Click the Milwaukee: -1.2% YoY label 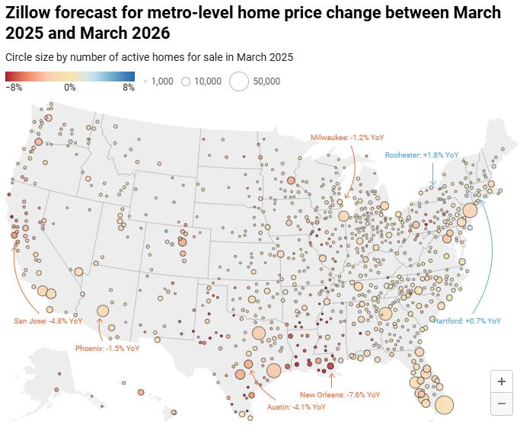point(347,137)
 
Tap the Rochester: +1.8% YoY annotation point(422,155)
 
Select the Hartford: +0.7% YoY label point(467,321)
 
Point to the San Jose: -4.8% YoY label point(48,321)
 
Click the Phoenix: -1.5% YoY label point(107,348)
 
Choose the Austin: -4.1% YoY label point(296,407)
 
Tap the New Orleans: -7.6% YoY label point(340,394)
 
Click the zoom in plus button point(501,381)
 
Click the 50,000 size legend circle point(239,81)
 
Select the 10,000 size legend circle point(185,81)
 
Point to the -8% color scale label point(14,88)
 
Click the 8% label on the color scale point(129,88)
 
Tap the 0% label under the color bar point(70,88)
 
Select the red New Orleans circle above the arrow point(331,367)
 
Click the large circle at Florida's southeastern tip point(444,404)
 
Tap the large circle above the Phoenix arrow point(103,311)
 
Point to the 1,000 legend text point(163,81)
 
